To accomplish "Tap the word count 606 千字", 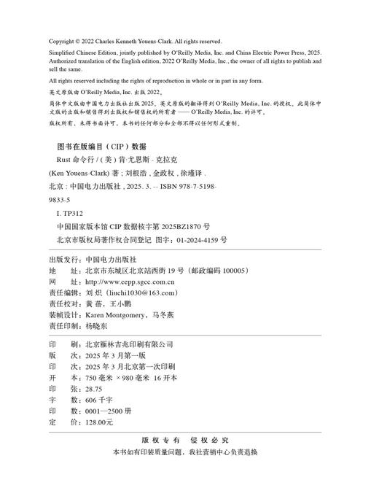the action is coord(89,400).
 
